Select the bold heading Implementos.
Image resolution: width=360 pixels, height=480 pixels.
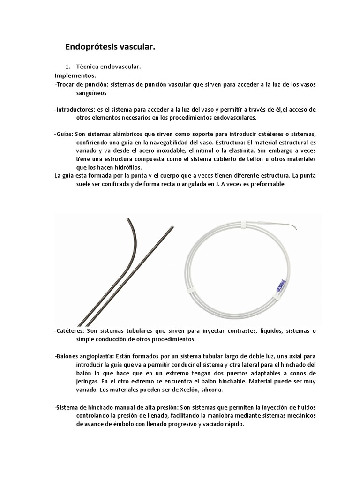pyautogui.click(x=75, y=75)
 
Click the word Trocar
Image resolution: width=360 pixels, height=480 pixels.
pyautogui.click(x=65, y=84)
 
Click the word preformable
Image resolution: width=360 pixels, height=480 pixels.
pyautogui.click(x=268, y=184)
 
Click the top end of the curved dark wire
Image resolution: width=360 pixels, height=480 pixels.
pyautogui.click(x=127, y=219)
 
